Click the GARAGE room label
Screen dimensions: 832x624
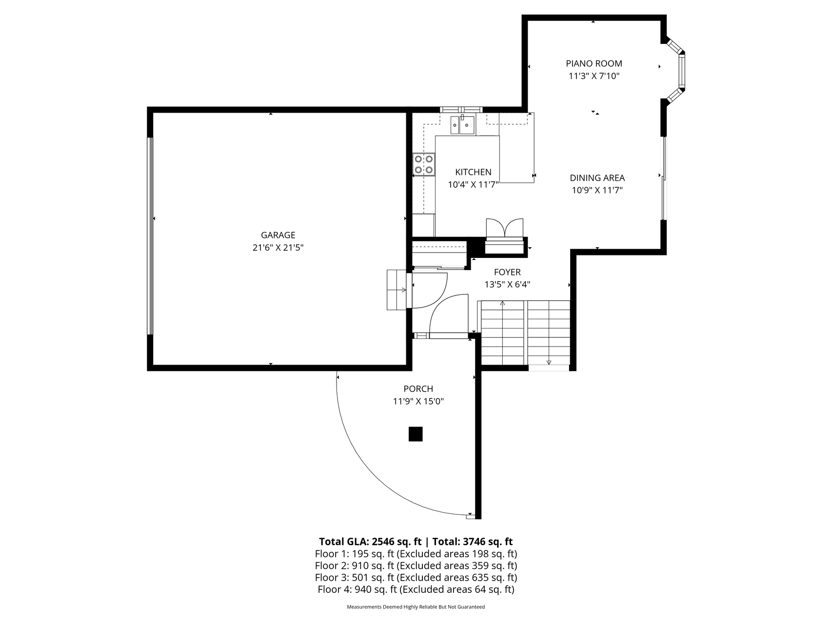[278, 235]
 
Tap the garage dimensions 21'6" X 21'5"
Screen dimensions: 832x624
[278, 248]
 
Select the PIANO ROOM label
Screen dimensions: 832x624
[594, 63]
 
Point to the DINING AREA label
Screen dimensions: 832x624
[597, 178]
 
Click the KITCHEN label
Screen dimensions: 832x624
[473, 172]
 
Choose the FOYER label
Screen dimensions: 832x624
[507, 273]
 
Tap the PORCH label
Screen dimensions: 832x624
[418, 389]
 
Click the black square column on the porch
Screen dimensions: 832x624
[416, 434]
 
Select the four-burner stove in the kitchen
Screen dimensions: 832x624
[424, 164]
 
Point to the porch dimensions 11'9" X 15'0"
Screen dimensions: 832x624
[418, 402]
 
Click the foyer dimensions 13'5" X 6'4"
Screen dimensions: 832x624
[507, 285]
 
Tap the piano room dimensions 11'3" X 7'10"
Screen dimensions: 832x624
[594, 76]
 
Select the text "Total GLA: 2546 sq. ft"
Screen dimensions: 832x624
[369, 542]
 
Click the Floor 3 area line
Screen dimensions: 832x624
[416, 578]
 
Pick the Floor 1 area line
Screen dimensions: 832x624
[416, 554]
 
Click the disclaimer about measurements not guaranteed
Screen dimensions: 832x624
[416, 607]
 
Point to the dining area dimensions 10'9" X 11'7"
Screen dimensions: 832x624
[597, 191]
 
